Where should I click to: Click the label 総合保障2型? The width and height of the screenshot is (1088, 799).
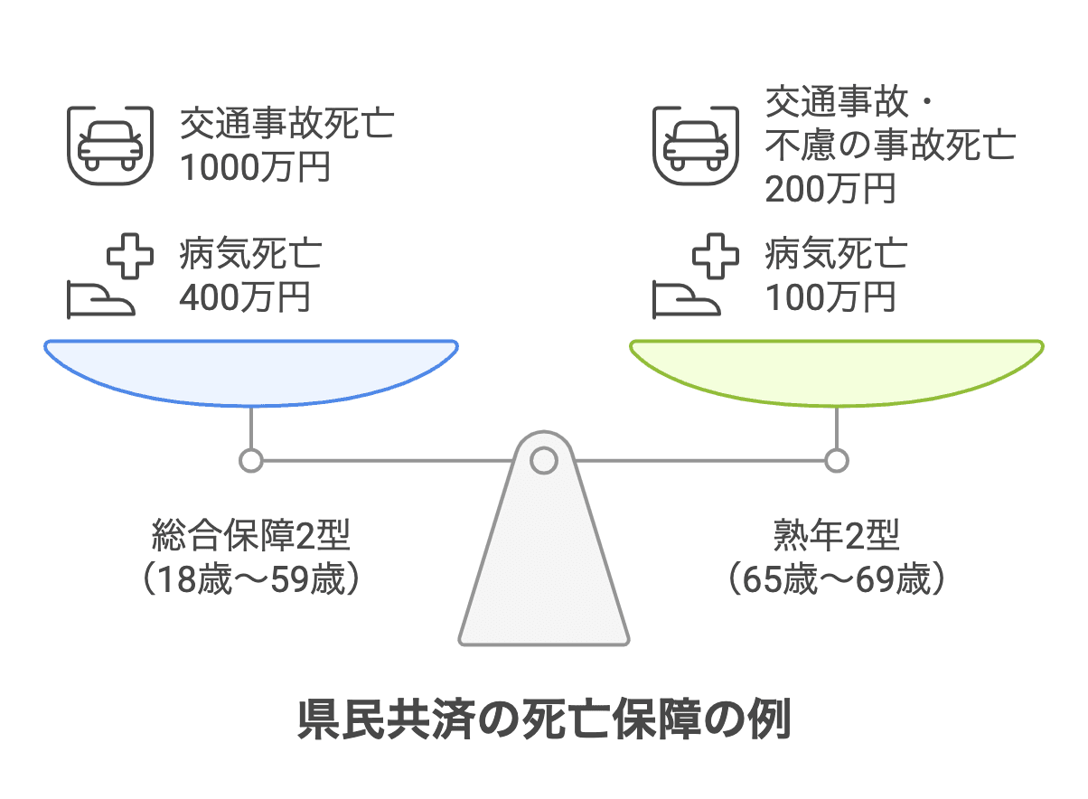click(251, 539)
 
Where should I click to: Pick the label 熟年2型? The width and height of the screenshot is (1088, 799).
click(837, 539)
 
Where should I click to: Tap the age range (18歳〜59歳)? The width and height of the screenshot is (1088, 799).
click(251, 579)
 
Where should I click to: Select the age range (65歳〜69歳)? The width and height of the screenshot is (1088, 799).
click(837, 579)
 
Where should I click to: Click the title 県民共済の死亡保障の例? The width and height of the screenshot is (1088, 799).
click(544, 720)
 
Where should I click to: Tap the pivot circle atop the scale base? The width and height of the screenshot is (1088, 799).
click(543, 461)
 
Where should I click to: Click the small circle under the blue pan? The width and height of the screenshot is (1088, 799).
click(251, 461)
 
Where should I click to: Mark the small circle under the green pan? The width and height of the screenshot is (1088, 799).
click(837, 461)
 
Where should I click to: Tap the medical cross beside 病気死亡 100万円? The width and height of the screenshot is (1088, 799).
click(715, 257)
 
